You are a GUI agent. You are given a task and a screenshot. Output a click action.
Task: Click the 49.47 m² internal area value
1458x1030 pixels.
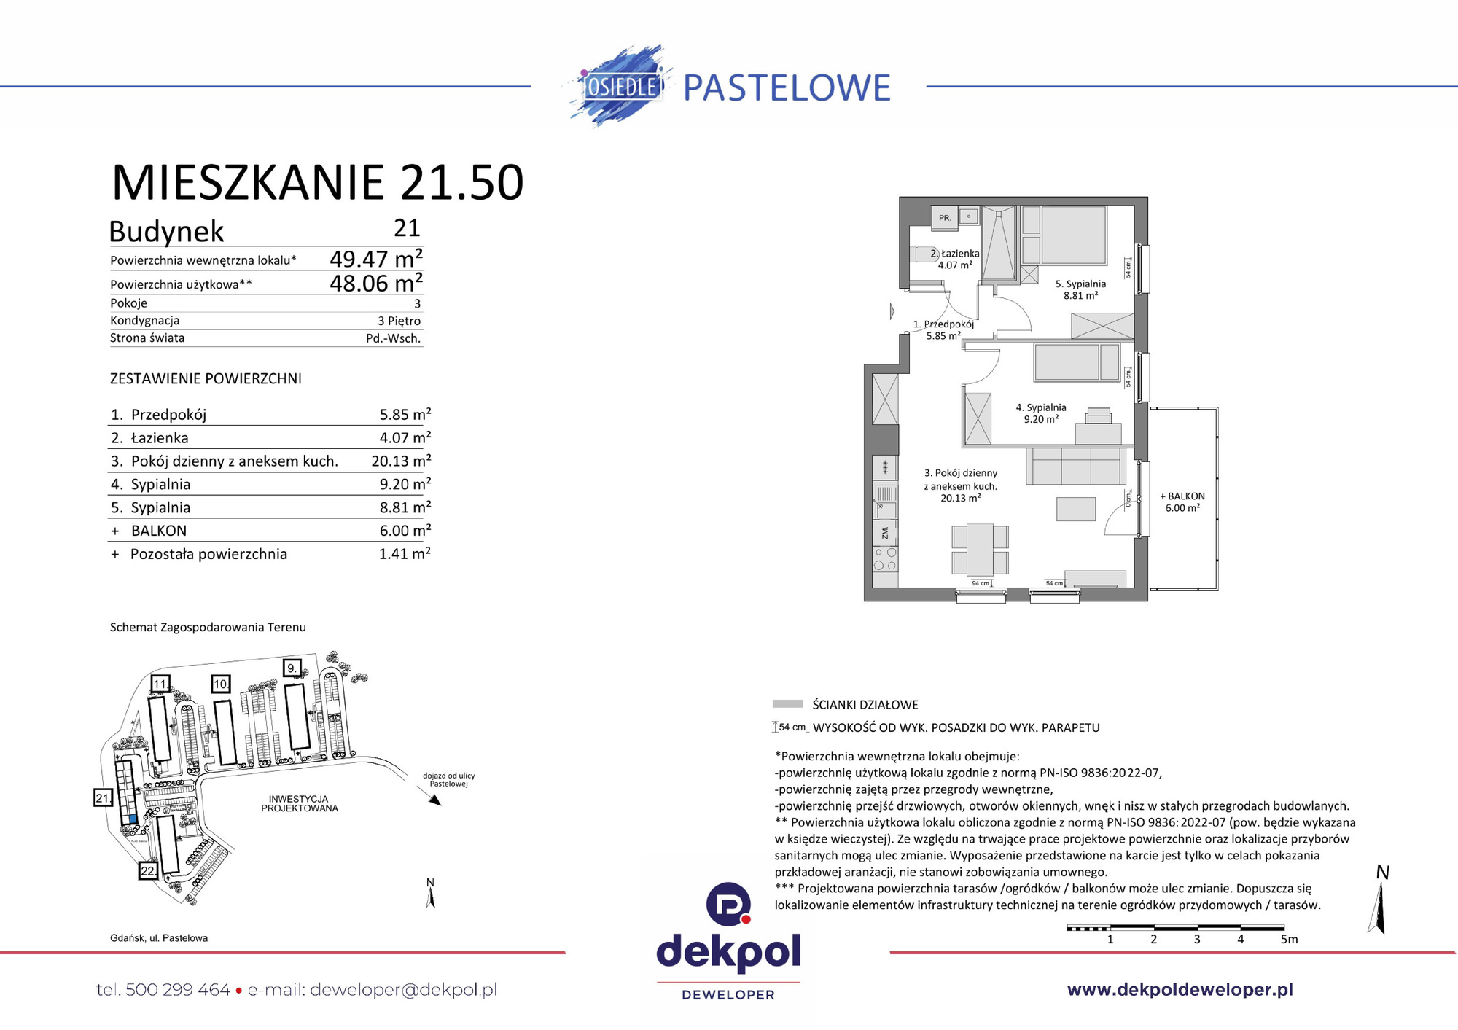[375, 259]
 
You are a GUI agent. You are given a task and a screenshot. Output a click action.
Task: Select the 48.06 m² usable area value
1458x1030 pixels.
[375, 283]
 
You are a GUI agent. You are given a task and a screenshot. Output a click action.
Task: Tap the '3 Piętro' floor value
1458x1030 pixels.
[399, 321]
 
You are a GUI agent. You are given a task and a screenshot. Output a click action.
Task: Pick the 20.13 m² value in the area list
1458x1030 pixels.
[400, 461]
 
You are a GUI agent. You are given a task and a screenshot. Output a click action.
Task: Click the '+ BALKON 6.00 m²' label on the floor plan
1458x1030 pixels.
[1182, 502]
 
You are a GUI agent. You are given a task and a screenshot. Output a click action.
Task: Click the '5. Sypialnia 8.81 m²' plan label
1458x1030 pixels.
[1080, 289]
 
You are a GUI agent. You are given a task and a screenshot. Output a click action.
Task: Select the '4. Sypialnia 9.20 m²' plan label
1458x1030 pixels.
[1041, 413]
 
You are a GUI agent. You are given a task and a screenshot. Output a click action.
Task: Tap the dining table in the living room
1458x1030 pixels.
[980, 549]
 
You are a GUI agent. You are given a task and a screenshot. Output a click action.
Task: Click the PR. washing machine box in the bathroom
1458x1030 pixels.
[945, 217]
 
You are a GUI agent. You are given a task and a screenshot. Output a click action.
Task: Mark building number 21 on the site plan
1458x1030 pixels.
[103, 797]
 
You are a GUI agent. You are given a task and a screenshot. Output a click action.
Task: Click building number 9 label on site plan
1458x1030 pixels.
[292, 668]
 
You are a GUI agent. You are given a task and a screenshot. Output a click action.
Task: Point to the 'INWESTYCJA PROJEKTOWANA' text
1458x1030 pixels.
[299, 803]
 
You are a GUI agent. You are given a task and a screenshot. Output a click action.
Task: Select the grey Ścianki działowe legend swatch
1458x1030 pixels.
[787, 704]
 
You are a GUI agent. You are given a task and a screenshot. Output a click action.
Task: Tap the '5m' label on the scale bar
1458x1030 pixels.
[1289, 939]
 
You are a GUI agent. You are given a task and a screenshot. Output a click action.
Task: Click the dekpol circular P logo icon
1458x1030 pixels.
[728, 904]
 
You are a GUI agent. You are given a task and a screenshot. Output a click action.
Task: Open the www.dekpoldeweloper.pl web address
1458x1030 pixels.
[1180, 989]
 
